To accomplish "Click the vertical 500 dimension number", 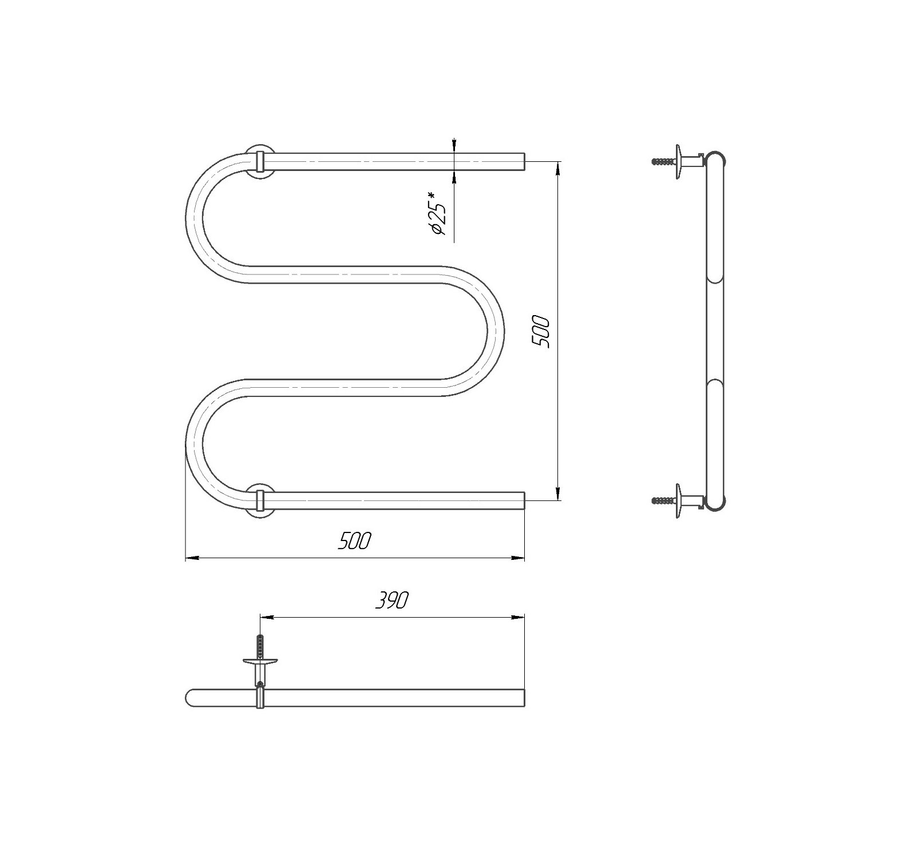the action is coord(541,332).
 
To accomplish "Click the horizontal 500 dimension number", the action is coord(355,540).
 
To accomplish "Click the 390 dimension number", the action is coord(393,600).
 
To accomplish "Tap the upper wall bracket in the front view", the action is coord(260,162).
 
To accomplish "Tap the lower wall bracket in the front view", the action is coord(260,500).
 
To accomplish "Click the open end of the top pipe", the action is coord(523,162).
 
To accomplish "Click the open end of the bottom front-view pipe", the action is coord(523,500).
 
